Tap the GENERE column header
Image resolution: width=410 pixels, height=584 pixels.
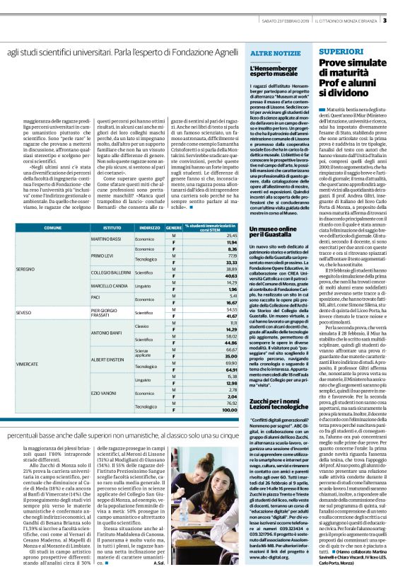click(173, 228)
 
